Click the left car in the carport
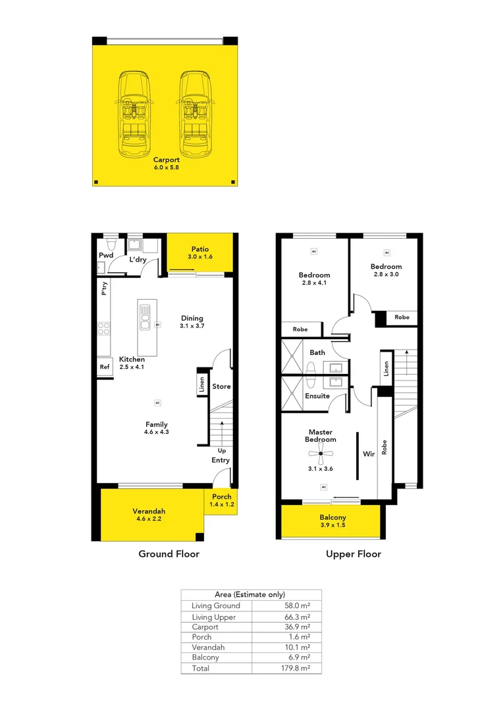point(134,114)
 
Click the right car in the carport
point(196,114)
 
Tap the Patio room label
point(200,249)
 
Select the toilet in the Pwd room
point(111,245)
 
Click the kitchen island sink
point(145,317)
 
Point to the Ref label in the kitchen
point(105,367)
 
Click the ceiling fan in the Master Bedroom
point(321,453)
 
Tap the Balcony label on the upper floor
point(333,517)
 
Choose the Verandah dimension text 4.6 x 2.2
point(149,519)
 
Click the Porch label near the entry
point(222,497)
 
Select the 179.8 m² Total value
point(296,668)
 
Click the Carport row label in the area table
point(205,627)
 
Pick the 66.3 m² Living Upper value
point(298,617)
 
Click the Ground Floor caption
point(169,554)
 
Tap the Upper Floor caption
point(354,554)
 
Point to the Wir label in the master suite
point(369,454)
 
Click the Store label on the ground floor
point(221,387)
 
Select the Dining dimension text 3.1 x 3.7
point(192,326)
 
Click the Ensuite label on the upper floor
point(317,396)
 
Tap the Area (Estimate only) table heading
point(250,594)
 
